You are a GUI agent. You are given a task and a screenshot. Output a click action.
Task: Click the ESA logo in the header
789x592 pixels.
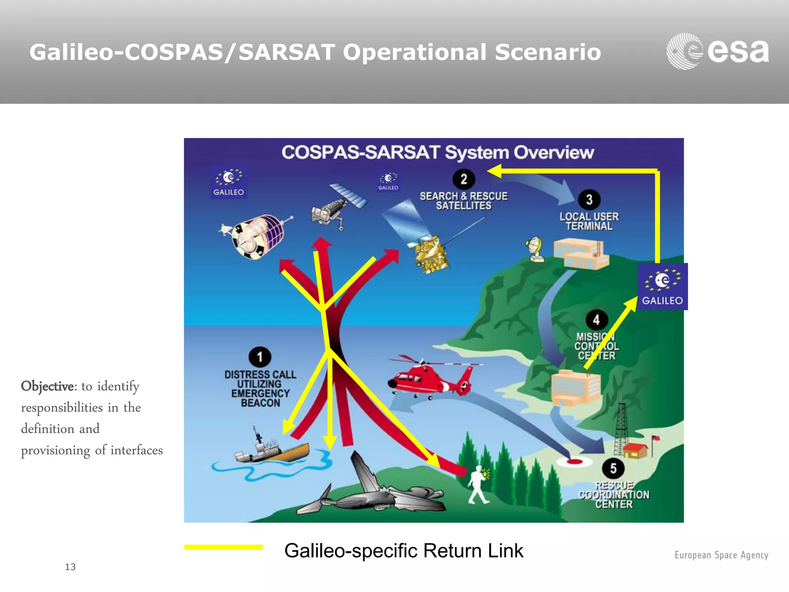717,51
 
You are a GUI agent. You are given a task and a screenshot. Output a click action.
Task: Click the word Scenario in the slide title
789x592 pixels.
548,52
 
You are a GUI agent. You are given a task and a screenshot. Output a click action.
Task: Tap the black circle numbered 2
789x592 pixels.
464,179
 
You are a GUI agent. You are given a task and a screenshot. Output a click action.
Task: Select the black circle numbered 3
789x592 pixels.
589,199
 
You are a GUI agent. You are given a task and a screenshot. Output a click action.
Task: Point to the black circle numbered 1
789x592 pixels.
260,357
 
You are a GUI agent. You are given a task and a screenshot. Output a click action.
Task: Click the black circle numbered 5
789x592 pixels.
613,468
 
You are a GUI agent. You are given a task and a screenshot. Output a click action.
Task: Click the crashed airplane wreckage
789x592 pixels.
370,491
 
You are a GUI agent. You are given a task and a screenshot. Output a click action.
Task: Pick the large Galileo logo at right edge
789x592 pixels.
663,286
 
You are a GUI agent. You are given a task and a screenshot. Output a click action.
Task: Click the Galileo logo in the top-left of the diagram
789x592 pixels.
228,182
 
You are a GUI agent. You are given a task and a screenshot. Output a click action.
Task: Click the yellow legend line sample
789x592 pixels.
223,547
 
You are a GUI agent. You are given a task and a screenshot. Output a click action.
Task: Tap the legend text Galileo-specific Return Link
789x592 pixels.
403,550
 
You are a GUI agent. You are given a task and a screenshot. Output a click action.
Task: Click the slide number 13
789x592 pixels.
70,567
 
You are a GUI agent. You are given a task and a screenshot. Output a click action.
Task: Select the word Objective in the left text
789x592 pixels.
47,386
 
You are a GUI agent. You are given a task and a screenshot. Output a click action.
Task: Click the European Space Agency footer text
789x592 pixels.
721,555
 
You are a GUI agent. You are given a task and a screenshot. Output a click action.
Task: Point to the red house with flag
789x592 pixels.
636,449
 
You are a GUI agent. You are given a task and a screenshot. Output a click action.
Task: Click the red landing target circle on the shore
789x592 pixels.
574,461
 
